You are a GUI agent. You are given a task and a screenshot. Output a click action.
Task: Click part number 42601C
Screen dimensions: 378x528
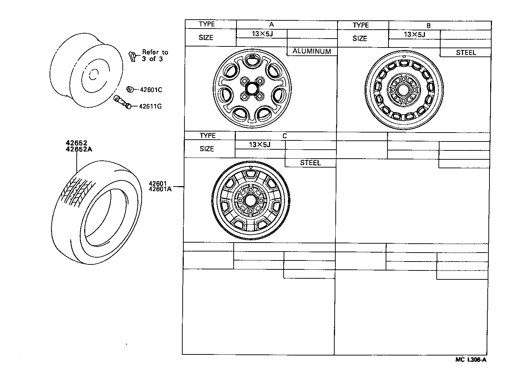150,90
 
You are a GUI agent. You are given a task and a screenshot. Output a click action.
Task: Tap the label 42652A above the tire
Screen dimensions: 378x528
78,150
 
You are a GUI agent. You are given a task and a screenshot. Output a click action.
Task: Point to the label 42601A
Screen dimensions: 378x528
160,189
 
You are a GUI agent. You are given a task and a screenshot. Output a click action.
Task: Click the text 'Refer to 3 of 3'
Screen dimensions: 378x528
155,55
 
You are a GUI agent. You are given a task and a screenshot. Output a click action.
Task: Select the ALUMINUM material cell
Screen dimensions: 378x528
312,51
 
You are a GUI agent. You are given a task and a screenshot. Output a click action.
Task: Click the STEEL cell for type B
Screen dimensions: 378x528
466,53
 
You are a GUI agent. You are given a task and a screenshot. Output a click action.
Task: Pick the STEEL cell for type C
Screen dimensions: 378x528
310,163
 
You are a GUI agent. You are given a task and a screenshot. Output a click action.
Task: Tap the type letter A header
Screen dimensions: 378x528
271,25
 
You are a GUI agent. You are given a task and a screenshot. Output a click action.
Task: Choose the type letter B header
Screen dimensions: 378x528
428,26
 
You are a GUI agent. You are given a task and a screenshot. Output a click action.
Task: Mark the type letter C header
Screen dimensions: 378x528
284,136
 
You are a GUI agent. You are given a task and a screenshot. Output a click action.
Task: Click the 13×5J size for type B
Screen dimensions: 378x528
415,35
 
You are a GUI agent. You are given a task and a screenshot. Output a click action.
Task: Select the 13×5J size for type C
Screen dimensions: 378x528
260,145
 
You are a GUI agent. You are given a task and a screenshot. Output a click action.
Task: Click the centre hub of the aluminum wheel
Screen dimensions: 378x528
252,88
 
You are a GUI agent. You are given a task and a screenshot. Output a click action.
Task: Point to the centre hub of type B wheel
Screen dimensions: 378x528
404,90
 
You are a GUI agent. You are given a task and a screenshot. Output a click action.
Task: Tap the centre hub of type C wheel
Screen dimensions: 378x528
250,200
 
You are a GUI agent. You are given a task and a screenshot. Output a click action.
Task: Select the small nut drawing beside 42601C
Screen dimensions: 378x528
130,89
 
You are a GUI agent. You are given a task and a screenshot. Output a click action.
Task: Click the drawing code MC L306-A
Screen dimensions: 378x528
471,359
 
